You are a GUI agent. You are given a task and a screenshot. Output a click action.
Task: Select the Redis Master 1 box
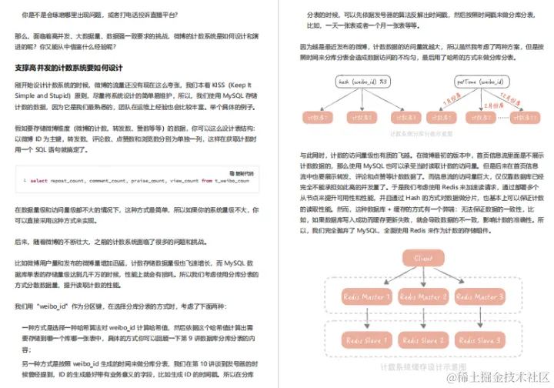point(368,296)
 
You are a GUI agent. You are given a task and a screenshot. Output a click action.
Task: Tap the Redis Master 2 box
point(422,296)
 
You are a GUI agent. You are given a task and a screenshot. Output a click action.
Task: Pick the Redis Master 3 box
point(478,296)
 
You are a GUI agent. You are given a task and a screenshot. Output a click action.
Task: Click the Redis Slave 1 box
point(368,339)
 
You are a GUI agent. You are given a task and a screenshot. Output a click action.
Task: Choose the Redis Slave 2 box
point(422,339)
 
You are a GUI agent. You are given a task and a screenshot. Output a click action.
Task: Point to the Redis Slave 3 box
point(478,339)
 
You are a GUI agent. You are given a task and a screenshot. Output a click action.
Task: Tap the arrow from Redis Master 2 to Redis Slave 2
point(422,318)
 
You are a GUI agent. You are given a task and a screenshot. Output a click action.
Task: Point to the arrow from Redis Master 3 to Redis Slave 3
point(478,318)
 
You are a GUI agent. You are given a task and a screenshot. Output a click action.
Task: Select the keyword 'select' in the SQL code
point(38,180)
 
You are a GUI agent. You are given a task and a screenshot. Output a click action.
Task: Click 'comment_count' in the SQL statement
point(109,180)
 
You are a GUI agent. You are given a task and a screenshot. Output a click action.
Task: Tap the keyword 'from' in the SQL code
point(207,180)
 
